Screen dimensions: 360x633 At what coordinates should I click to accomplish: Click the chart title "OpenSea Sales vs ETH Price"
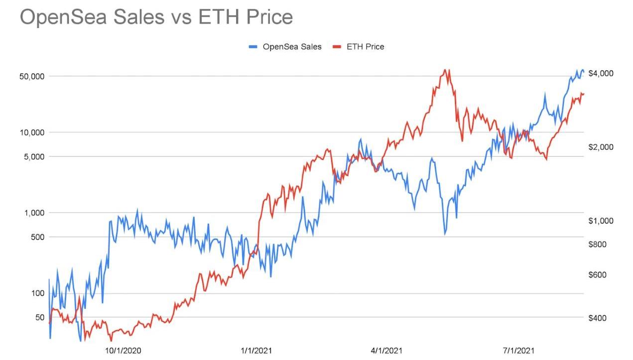click(x=156, y=17)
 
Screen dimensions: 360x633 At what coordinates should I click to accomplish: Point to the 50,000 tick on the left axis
click(x=31, y=76)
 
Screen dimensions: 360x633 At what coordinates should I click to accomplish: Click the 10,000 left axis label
click(x=31, y=132)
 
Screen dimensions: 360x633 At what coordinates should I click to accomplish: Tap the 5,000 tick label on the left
click(x=33, y=157)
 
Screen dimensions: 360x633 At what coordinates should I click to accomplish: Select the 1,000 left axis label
click(x=33, y=213)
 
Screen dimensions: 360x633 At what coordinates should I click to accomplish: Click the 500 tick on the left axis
click(x=37, y=237)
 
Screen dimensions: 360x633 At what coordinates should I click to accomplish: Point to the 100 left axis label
click(x=37, y=293)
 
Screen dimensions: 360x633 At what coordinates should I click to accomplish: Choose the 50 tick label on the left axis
click(x=39, y=317)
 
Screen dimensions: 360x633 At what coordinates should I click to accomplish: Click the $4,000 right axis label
click(x=601, y=74)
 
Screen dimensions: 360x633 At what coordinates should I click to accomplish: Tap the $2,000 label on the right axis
click(x=601, y=147)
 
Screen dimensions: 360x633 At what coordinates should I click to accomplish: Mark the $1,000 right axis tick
click(x=601, y=221)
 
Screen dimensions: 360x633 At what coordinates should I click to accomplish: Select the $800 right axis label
click(x=598, y=244)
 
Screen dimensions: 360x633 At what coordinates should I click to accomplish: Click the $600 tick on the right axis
click(x=598, y=275)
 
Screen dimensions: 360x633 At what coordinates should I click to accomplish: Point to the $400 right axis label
click(x=598, y=318)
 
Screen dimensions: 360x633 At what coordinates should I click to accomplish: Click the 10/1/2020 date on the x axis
click(x=123, y=351)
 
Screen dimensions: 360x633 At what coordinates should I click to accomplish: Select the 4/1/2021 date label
click(x=387, y=351)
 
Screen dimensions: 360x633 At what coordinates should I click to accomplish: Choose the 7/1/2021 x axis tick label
click(x=519, y=351)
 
